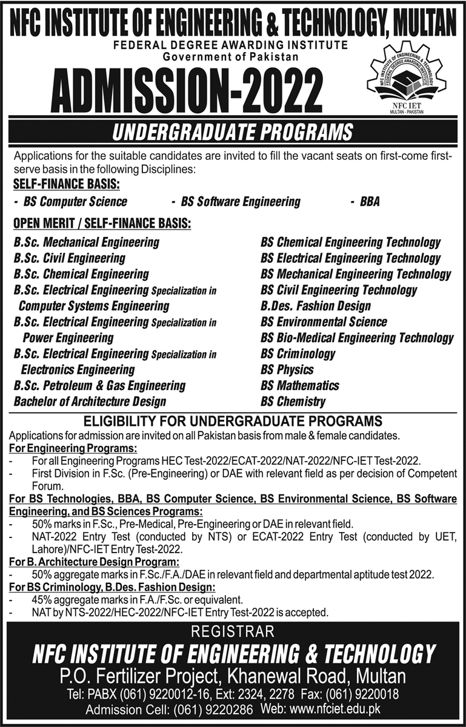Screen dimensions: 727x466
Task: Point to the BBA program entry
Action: coord(369,202)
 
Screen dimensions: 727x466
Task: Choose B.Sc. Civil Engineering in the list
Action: coord(70,258)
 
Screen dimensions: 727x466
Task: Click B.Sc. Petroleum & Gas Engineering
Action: coord(100,385)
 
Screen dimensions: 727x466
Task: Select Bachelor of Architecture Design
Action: coord(90,401)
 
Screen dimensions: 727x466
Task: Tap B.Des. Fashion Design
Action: coord(316,306)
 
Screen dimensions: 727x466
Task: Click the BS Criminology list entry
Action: coord(298,354)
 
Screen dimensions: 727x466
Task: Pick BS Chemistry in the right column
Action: coord(293,401)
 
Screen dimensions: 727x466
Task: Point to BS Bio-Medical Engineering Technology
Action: coord(357,338)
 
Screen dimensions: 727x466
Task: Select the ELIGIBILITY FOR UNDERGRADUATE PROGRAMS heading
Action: coord(233,420)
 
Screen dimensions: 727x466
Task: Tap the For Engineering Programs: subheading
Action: coord(73,449)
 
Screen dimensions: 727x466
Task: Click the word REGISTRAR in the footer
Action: coord(233,632)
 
